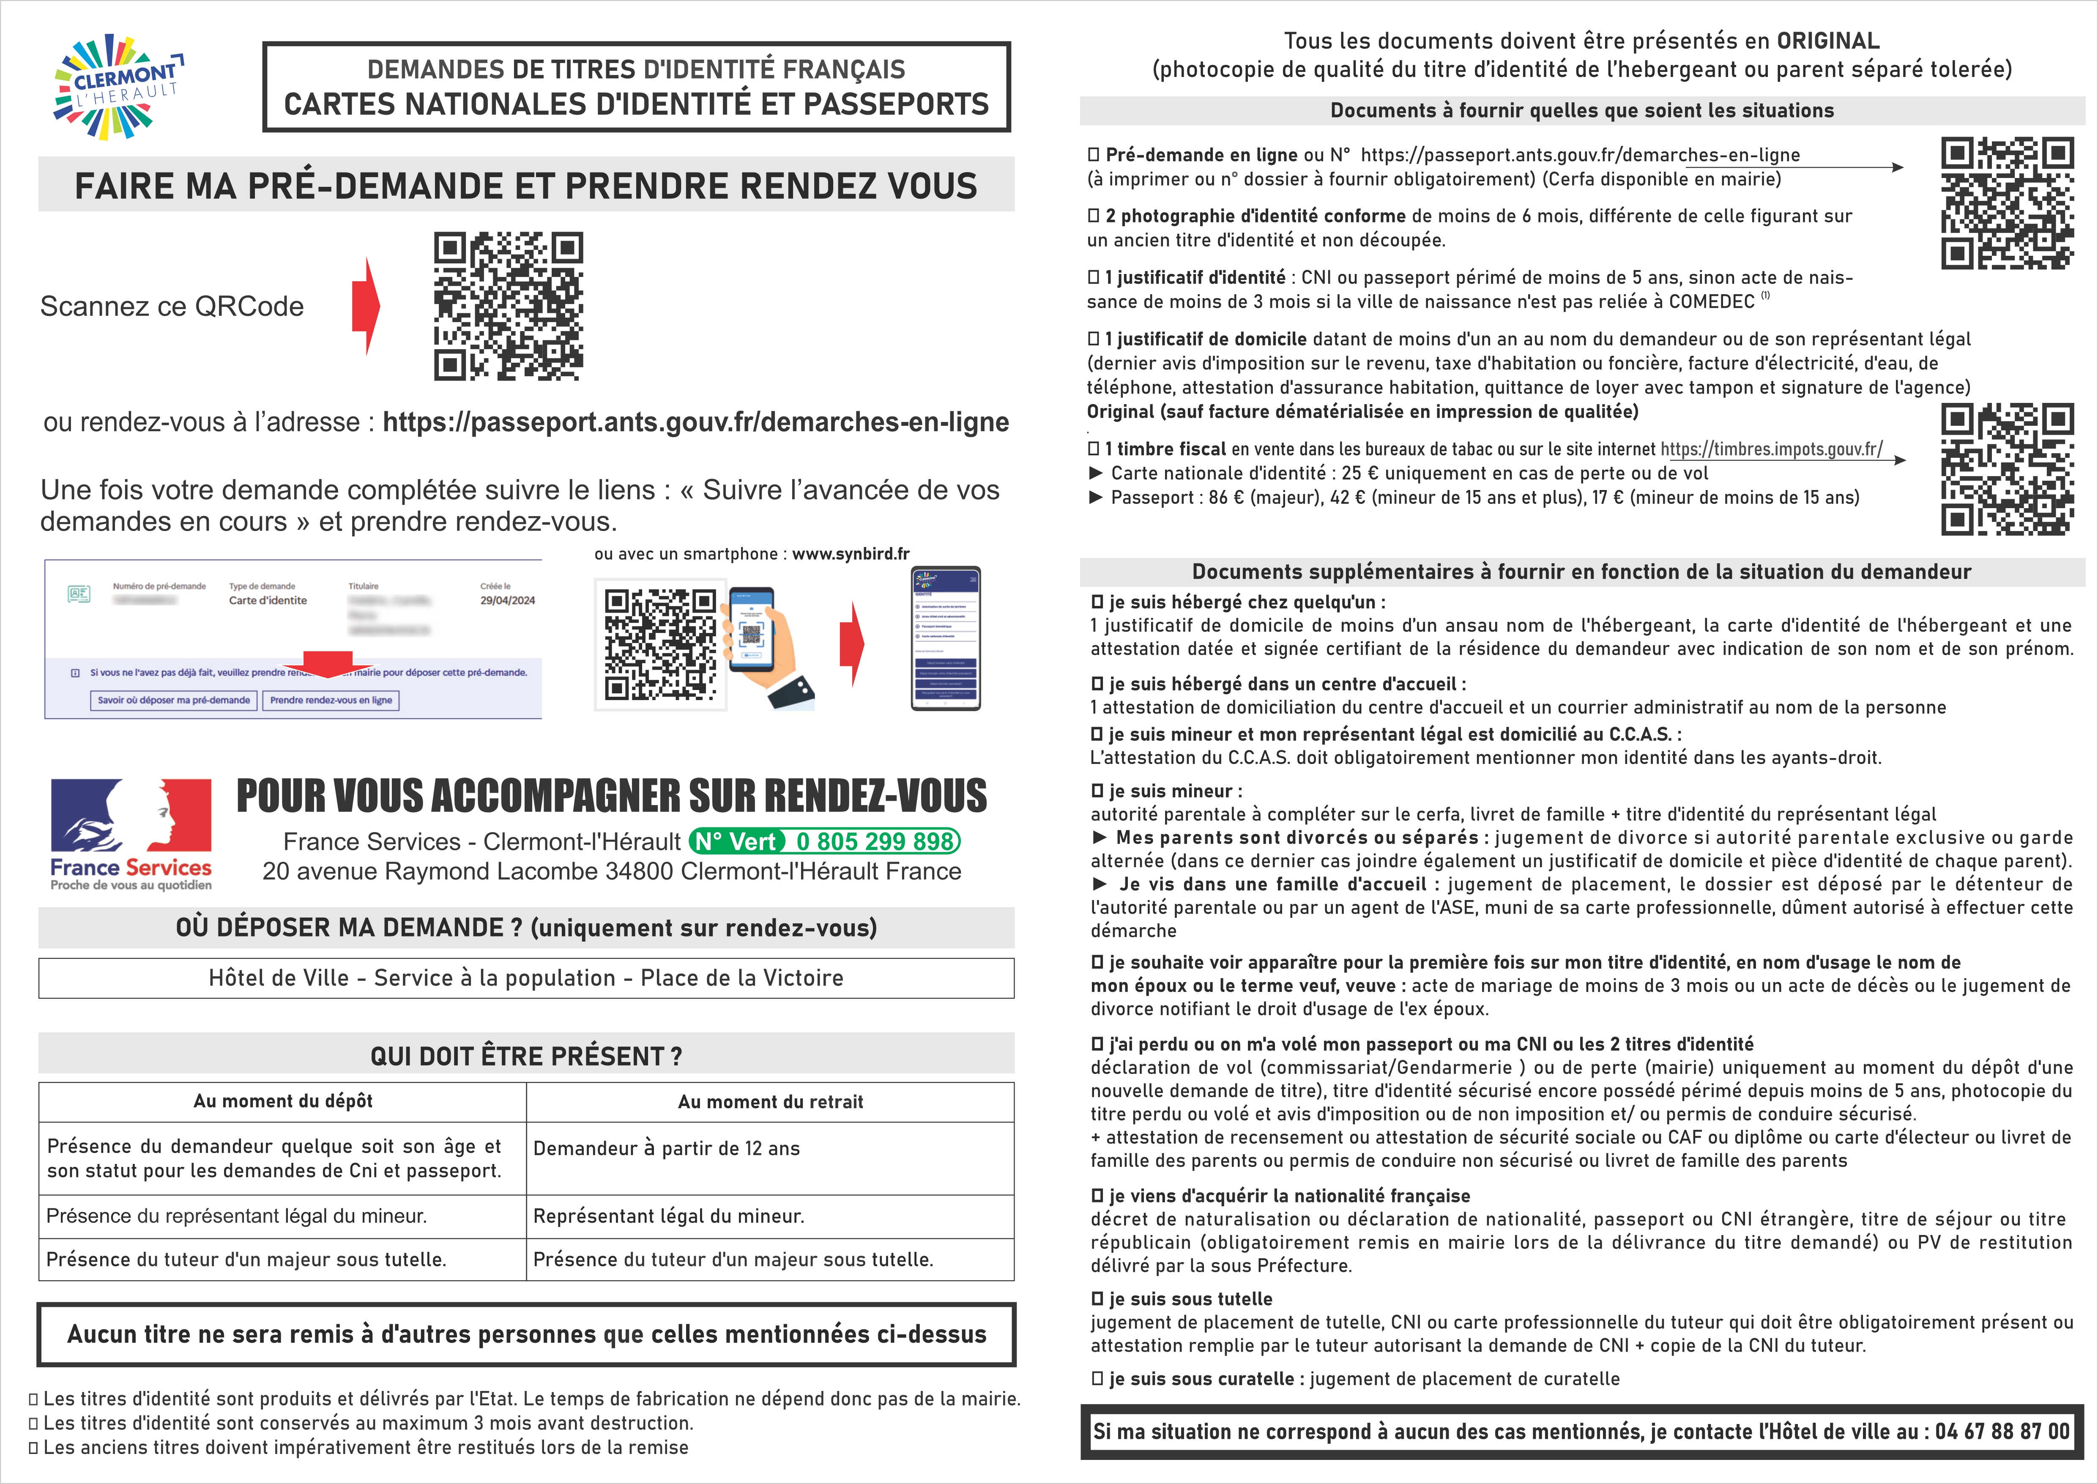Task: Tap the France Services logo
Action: point(131,833)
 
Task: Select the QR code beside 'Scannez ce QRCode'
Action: point(508,306)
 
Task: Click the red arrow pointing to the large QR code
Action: point(367,306)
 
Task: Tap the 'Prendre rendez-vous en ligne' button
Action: point(331,700)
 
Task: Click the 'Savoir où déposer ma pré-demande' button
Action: point(174,700)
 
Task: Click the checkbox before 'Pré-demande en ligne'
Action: point(1094,155)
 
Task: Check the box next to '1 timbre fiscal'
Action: point(1094,449)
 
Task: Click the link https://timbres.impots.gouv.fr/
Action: point(1771,449)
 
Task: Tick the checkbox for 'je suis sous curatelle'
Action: point(1097,1379)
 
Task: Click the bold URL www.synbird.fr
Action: point(850,554)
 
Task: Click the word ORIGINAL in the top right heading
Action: point(1827,41)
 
